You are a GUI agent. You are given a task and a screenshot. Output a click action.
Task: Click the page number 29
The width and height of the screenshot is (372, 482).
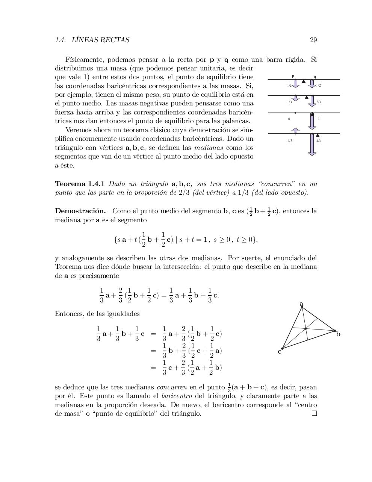pyautogui.click(x=313, y=40)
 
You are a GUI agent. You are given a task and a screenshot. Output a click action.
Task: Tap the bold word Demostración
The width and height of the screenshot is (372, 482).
pyautogui.click(x=80, y=210)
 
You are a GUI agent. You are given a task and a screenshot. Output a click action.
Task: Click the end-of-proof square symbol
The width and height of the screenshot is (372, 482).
pyautogui.click(x=314, y=413)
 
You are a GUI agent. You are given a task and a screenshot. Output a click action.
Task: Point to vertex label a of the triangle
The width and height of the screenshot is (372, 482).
pyautogui.click(x=301, y=303)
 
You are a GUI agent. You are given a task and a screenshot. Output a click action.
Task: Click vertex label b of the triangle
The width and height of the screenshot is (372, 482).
pyautogui.click(x=339, y=334)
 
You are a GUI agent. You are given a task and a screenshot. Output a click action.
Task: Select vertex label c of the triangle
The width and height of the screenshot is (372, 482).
pyautogui.click(x=279, y=352)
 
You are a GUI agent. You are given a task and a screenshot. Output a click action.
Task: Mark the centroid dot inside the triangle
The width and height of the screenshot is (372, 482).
pyautogui.click(x=306, y=329)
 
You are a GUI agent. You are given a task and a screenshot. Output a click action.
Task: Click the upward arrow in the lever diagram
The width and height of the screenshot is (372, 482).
pyautogui.click(x=295, y=130)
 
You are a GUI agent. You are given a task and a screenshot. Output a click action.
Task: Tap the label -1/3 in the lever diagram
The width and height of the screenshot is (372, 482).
pyautogui.click(x=289, y=141)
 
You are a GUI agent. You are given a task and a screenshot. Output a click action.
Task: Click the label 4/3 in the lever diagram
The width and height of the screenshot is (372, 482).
pyautogui.click(x=319, y=141)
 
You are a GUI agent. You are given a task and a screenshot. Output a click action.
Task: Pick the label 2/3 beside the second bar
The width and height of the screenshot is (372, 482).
pyautogui.click(x=319, y=102)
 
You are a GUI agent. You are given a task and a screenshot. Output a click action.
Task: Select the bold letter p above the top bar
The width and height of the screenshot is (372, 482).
pyautogui.click(x=293, y=76)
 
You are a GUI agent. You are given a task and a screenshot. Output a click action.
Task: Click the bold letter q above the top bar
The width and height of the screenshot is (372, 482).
pyautogui.click(x=315, y=76)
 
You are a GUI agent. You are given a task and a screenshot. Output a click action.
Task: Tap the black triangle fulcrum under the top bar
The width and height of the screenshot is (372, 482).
pyautogui.click(x=304, y=81)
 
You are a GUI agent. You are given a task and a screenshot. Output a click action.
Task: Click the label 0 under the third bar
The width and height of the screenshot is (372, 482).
pyautogui.click(x=289, y=119)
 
